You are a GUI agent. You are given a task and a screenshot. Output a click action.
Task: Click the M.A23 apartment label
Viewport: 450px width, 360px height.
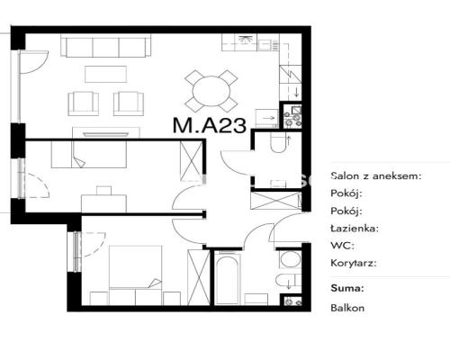(210, 125)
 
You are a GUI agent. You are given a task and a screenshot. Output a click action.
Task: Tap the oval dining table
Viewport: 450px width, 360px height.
(211, 91)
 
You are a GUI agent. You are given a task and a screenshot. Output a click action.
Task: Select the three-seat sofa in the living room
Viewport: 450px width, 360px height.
(105, 45)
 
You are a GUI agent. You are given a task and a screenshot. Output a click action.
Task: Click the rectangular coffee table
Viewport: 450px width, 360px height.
(105, 74)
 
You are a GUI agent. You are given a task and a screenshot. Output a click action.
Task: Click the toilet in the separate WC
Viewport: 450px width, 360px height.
(278, 142)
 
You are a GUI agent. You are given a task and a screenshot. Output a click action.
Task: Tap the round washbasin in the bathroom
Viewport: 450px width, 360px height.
(291, 259)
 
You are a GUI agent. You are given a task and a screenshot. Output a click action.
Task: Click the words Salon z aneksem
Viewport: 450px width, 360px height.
(376, 175)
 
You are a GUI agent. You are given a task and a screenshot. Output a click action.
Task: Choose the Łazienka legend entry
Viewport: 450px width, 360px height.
(355, 229)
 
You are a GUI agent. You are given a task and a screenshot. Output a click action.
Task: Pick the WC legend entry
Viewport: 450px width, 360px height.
(342, 246)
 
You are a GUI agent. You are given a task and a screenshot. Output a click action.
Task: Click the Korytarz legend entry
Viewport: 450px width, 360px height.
(354, 263)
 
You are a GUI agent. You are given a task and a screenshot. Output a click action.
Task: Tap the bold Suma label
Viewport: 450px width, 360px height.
(347, 288)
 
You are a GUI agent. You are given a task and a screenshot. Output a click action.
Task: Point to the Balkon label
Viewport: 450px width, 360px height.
(347, 308)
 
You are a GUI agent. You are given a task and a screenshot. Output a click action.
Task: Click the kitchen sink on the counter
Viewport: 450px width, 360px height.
(264, 45)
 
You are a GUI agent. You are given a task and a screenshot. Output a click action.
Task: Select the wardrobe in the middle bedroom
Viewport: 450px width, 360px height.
(191, 161)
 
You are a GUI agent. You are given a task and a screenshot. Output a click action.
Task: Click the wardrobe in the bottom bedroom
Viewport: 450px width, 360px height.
(198, 277)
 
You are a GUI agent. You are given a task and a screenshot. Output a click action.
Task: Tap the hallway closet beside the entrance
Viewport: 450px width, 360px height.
(276, 201)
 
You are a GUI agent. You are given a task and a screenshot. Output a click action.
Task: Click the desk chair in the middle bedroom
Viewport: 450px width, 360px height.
(103, 191)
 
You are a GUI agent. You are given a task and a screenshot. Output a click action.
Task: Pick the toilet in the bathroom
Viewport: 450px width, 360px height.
(288, 281)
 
